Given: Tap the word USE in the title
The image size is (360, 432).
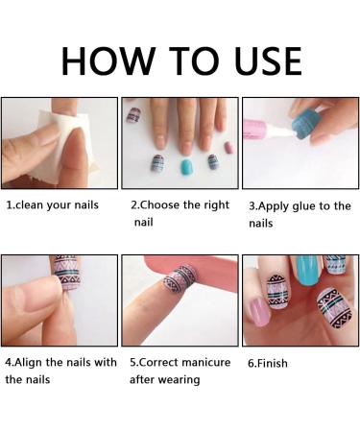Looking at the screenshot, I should point(262,59).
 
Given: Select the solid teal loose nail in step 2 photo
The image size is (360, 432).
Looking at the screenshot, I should point(186,167).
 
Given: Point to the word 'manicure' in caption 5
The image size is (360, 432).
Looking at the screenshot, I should point(203,363).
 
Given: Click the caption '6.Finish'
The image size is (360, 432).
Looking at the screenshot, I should point(268,364).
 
